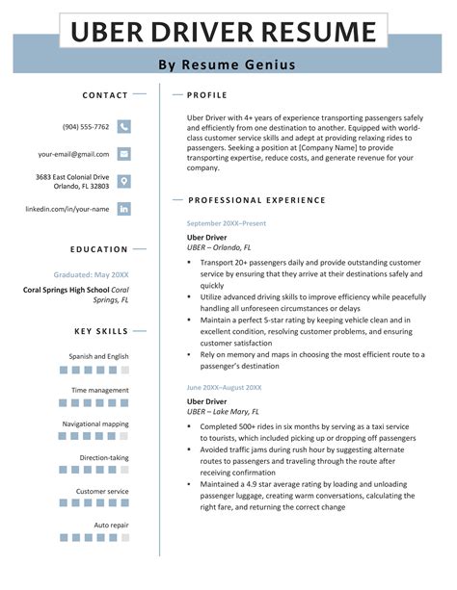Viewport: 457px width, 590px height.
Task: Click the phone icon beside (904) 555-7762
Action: tap(123, 126)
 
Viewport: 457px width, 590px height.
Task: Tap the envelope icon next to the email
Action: tap(123, 154)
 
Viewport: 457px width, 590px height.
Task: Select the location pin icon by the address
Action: tap(123, 181)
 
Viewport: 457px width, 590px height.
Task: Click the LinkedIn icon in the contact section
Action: tap(123, 208)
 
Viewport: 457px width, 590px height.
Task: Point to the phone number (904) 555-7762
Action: tap(86, 127)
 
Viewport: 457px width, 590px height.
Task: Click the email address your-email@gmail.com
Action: tap(74, 154)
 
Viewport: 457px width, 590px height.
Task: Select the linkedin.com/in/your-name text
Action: tap(67, 208)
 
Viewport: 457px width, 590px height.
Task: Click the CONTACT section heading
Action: tap(105, 95)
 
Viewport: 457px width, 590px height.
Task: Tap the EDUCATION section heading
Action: tap(99, 249)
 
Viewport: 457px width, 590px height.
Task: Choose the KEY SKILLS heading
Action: tap(101, 332)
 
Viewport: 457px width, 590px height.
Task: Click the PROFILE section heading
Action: tap(207, 95)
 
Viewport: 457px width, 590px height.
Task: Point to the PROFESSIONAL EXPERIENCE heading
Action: tap(257, 200)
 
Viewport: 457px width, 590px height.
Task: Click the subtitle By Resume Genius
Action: tap(227, 65)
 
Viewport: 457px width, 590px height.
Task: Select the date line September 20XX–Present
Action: tap(226, 223)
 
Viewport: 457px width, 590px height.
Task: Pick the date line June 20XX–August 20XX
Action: tap(224, 387)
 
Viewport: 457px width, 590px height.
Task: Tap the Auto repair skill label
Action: tap(111, 525)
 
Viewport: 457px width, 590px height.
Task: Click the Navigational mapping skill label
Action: tap(95, 423)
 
